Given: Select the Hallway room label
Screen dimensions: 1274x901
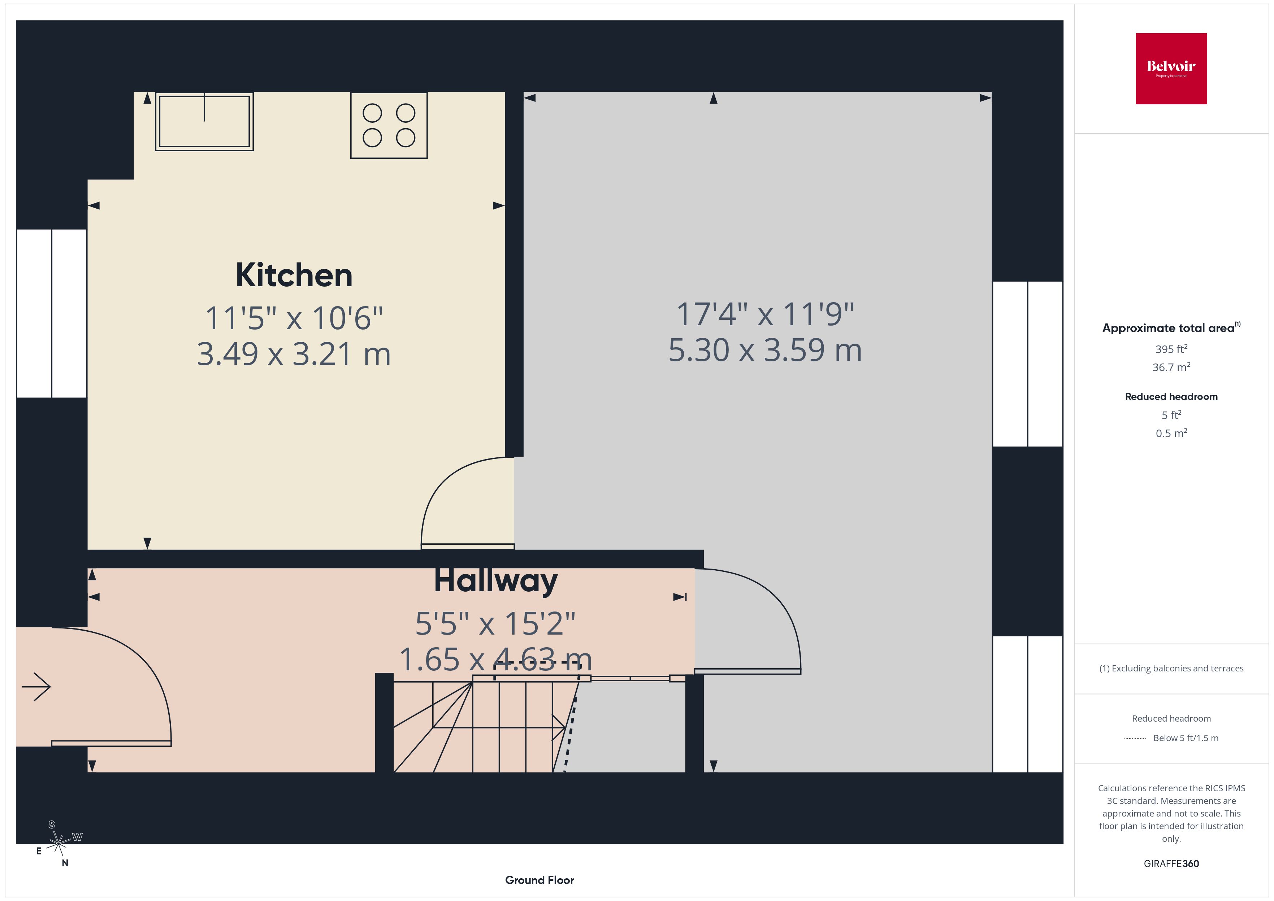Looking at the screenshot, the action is [495, 581].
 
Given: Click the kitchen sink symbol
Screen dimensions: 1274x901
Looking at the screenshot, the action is [204, 122].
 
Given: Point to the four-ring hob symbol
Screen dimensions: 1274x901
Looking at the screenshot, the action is [389, 125].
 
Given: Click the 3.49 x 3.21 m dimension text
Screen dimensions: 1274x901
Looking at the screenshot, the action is [294, 354].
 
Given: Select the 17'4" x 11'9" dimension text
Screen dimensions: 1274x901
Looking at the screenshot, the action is [765, 314].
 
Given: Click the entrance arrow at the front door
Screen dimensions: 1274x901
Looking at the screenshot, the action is [36, 687].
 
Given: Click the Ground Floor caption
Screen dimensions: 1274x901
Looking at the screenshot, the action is [539, 880].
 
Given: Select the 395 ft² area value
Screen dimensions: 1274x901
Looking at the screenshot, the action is [1171, 349].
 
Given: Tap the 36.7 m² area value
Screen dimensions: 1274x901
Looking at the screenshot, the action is [1171, 367].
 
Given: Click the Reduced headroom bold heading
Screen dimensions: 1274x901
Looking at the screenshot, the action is [1171, 397].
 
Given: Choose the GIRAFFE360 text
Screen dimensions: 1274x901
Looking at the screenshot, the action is [1171, 864].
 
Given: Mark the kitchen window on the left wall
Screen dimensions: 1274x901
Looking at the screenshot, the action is [52, 313].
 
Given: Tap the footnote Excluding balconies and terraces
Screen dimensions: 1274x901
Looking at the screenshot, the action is [1171, 669].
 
